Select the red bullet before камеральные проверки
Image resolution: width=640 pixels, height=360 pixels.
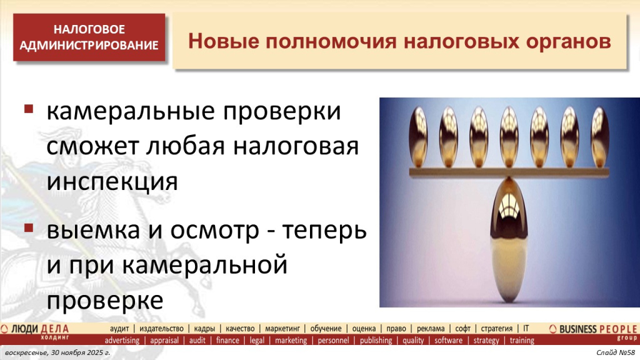tap(29, 110)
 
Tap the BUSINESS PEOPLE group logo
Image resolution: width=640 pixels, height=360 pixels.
tap(592, 331)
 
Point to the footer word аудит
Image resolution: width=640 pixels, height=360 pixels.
tap(119, 328)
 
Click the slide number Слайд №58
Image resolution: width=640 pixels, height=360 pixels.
tap(615, 354)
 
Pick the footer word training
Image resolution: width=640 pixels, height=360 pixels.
tap(522, 341)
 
